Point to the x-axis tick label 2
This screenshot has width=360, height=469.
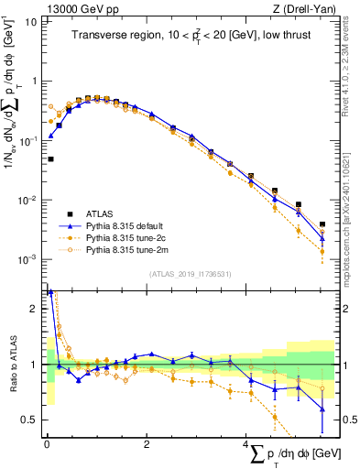tap(147, 444)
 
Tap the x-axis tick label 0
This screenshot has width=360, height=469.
tap(47, 444)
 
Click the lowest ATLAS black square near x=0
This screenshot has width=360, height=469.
tap(50, 159)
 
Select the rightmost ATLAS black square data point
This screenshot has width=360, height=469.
tap(322, 224)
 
